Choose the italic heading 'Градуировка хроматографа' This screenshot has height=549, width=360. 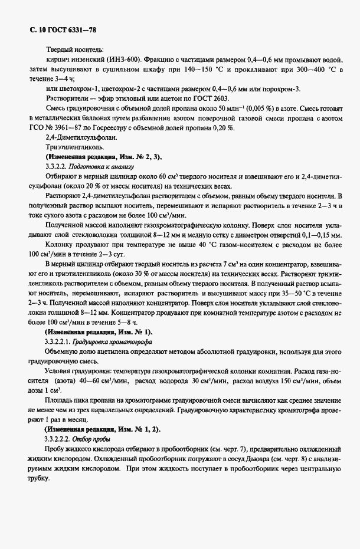[x=118, y=342]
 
